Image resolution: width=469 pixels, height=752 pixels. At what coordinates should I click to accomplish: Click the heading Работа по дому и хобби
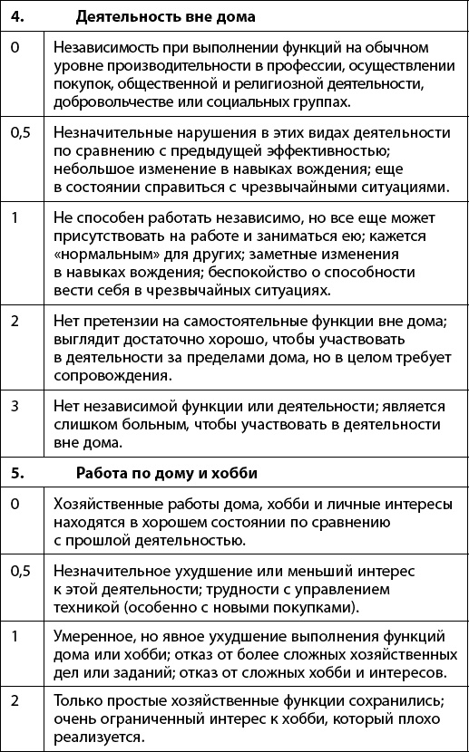pos(166,472)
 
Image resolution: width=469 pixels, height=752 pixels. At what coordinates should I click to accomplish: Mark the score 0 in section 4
pos(15,46)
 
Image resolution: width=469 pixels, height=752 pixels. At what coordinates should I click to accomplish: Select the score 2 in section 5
pos(15,700)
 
